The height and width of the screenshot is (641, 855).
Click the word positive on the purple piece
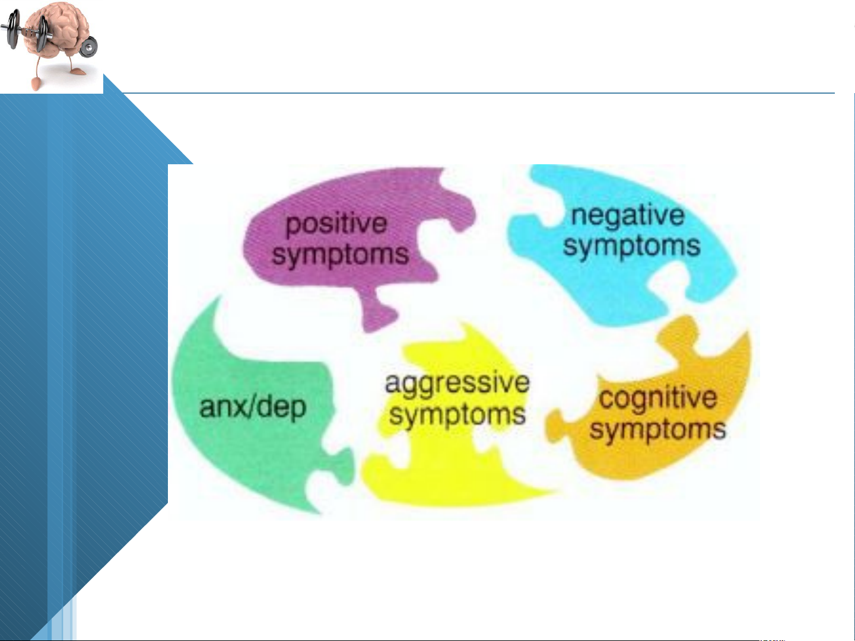(x=336, y=225)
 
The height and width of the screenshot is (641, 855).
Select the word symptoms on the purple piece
(x=340, y=256)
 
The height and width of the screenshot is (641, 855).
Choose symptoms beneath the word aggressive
(x=457, y=415)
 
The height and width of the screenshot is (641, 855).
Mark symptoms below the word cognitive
(x=657, y=430)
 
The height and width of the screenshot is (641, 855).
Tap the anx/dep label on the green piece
(x=253, y=407)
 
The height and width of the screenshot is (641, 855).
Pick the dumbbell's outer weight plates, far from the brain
(x=13, y=30)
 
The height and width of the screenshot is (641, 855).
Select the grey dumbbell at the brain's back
(x=89, y=47)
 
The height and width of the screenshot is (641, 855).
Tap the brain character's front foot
(x=36, y=84)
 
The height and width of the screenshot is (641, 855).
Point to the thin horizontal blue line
(x=478, y=93)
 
